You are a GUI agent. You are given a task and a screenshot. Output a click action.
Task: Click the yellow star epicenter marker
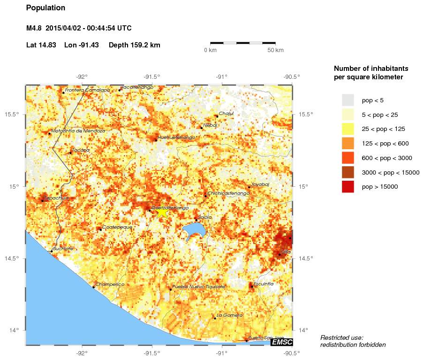(x=162, y=212)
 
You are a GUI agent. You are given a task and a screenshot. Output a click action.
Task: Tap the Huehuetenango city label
(x=176, y=138)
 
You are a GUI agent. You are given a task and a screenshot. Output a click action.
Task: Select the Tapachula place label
(x=56, y=198)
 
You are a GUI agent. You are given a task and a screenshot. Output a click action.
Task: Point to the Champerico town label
(x=110, y=284)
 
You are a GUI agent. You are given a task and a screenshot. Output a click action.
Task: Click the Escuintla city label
(x=263, y=283)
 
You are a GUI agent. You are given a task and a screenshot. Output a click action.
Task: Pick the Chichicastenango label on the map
(x=227, y=193)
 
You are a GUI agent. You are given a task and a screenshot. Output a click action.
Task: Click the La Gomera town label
(x=230, y=315)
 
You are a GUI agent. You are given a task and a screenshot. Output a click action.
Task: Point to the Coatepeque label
(x=117, y=227)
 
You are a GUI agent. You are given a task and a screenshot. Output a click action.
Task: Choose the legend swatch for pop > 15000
(x=348, y=186)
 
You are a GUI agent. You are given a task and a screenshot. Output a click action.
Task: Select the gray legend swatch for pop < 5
(x=348, y=100)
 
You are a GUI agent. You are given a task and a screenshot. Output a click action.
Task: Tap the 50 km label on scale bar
(x=276, y=50)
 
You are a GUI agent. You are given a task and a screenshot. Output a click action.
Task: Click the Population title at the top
(x=46, y=8)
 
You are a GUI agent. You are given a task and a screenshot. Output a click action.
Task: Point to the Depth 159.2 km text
(x=135, y=45)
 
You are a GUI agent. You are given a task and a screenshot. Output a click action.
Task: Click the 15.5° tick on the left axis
(x=15, y=115)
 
